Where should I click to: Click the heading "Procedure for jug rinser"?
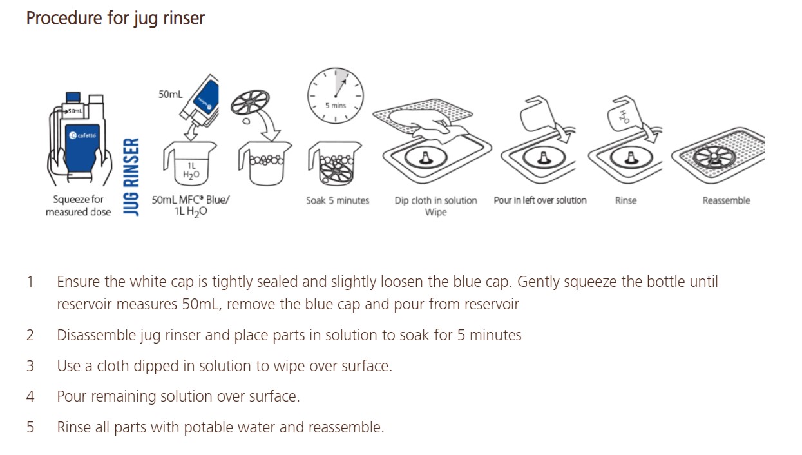pos(115,18)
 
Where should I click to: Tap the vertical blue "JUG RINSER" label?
pos(131,177)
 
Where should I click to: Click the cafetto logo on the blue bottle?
pos(82,135)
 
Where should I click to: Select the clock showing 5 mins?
pos(336,95)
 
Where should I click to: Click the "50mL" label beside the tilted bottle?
pos(171,94)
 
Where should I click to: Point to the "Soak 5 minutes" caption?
pos(338,200)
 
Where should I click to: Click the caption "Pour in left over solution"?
pos(540,200)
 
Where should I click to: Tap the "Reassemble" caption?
pos(726,200)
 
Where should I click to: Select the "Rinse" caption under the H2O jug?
pos(626,200)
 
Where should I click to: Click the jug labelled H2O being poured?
pos(624,115)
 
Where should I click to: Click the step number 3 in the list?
pos(30,366)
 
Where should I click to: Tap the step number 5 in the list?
pos(30,427)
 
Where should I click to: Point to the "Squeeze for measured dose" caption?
pos(79,206)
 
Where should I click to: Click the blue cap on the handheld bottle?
pos(73,97)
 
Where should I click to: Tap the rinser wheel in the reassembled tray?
pos(714,158)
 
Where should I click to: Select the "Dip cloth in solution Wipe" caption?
pos(435,206)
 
